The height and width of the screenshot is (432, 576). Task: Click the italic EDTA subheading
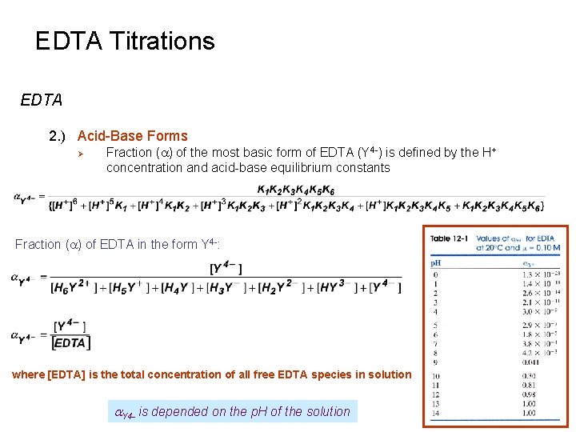click(x=42, y=100)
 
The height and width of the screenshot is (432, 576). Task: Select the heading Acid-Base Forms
click(x=132, y=136)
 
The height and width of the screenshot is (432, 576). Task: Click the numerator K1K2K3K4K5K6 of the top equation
click(x=295, y=190)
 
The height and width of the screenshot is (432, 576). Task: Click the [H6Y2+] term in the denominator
click(x=73, y=286)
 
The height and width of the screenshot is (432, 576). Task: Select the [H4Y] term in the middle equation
click(x=183, y=286)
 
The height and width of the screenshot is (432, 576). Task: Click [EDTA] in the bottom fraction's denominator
click(x=71, y=342)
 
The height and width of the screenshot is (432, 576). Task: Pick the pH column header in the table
click(x=437, y=262)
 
